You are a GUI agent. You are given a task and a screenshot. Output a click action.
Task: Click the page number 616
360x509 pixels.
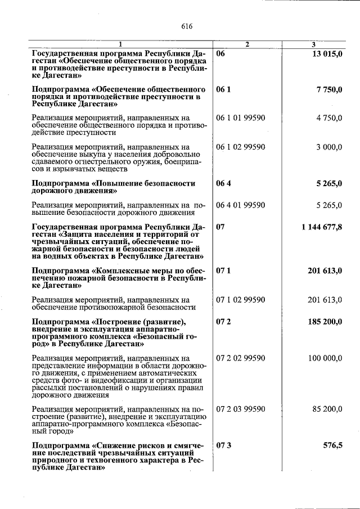coord(187,26)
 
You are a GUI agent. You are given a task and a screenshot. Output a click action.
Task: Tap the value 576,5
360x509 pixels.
coord(332,445)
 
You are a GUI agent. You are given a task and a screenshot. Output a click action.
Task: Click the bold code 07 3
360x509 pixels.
coord(224,445)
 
